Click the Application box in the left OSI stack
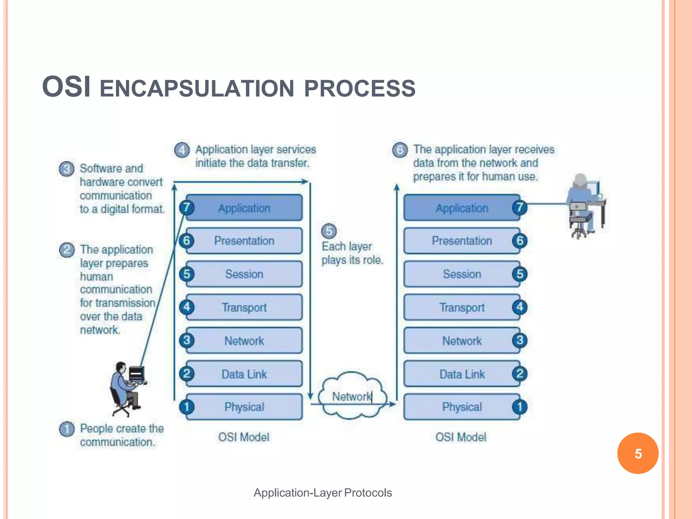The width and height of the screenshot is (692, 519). point(244,208)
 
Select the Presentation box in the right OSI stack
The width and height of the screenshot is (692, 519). point(462,241)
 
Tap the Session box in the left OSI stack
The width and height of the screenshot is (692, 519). point(244,274)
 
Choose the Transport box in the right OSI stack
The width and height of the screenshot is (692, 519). point(462,307)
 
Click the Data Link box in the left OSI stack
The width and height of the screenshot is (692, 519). point(244,374)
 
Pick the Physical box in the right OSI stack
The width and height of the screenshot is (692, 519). point(462,407)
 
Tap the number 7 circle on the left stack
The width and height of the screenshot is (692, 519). point(187,207)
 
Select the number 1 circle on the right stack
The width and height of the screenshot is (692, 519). point(520,407)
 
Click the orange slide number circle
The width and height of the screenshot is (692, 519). point(638,453)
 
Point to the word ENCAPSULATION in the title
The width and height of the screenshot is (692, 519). point(197,89)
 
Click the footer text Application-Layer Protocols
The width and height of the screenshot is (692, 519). point(323,493)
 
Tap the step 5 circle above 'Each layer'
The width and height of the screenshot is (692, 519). point(329,231)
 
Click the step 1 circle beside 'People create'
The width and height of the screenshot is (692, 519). point(67,429)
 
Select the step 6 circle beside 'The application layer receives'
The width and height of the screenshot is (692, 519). point(400,150)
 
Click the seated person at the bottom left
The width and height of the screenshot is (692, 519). point(127,389)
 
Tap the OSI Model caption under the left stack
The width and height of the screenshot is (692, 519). point(244,437)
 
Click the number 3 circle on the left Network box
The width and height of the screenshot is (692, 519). point(187,340)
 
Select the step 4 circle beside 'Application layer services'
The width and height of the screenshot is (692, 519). point(182,150)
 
